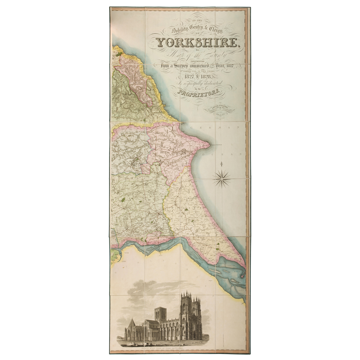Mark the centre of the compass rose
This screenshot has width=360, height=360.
[x=221, y=178]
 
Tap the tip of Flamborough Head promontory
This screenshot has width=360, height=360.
[x=210, y=143]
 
